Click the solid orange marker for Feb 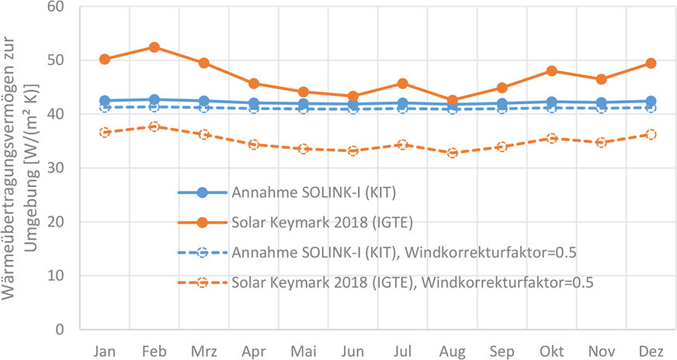pos(154,47)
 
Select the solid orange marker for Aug pos(452,100)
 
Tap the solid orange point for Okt pos(551,71)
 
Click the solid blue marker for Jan pos(104,101)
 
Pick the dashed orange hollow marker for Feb pos(154,126)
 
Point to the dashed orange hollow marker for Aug pos(452,153)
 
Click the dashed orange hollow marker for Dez pos(651,134)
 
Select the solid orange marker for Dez pos(651,63)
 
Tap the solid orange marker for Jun pos(352,96)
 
